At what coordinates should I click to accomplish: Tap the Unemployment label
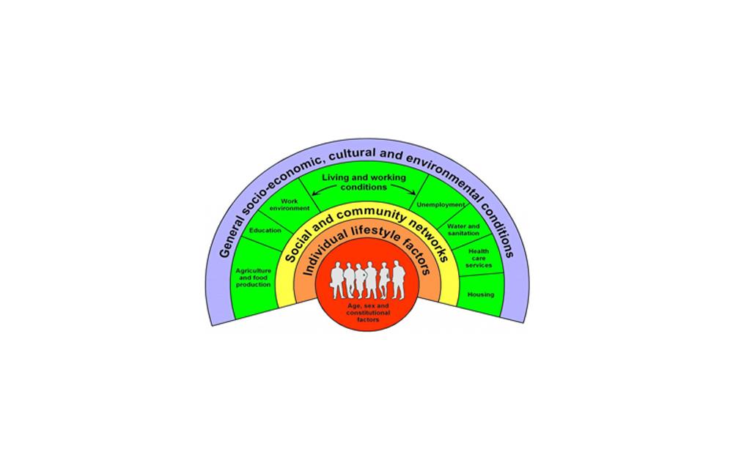pos(441,205)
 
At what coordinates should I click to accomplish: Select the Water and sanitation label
pos(463,230)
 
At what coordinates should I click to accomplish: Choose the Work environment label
pos(280,204)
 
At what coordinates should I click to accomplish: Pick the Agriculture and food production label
pos(254,277)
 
